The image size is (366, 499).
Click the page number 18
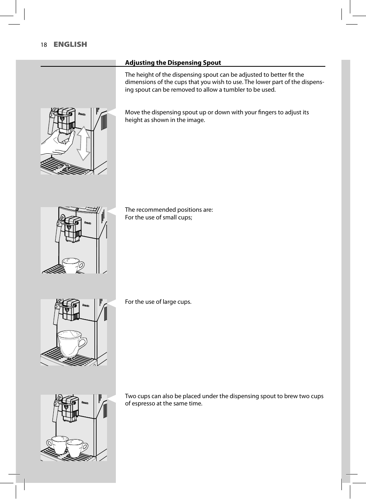[44, 45]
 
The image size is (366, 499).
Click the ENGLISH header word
[70, 44]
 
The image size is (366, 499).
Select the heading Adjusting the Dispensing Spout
[173, 63]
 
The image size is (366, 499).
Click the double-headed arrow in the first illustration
[83, 143]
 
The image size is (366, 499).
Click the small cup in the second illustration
[73, 265]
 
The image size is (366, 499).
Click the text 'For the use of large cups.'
[158, 302]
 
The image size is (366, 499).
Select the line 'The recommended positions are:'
[169, 210]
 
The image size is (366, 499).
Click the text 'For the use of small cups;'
[158, 217]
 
